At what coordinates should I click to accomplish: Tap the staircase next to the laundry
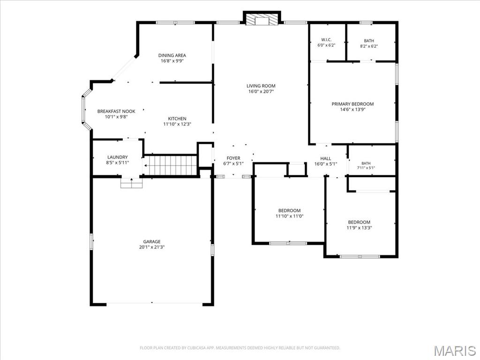point(170,165)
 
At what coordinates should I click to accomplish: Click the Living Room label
point(261,86)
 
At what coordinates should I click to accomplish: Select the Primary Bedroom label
point(352,104)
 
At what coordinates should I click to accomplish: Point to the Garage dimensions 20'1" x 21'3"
point(152,247)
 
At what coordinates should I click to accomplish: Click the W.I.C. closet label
point(326,40)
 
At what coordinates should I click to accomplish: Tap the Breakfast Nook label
point(116,112)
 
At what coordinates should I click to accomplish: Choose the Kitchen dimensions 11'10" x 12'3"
point(177,124)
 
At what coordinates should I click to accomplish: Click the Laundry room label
point(118,157)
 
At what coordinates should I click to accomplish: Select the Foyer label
point(233,158)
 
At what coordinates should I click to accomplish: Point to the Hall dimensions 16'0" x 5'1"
point(326,164)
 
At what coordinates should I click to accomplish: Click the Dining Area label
point(172,55)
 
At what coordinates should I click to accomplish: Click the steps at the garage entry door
point(132,183)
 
